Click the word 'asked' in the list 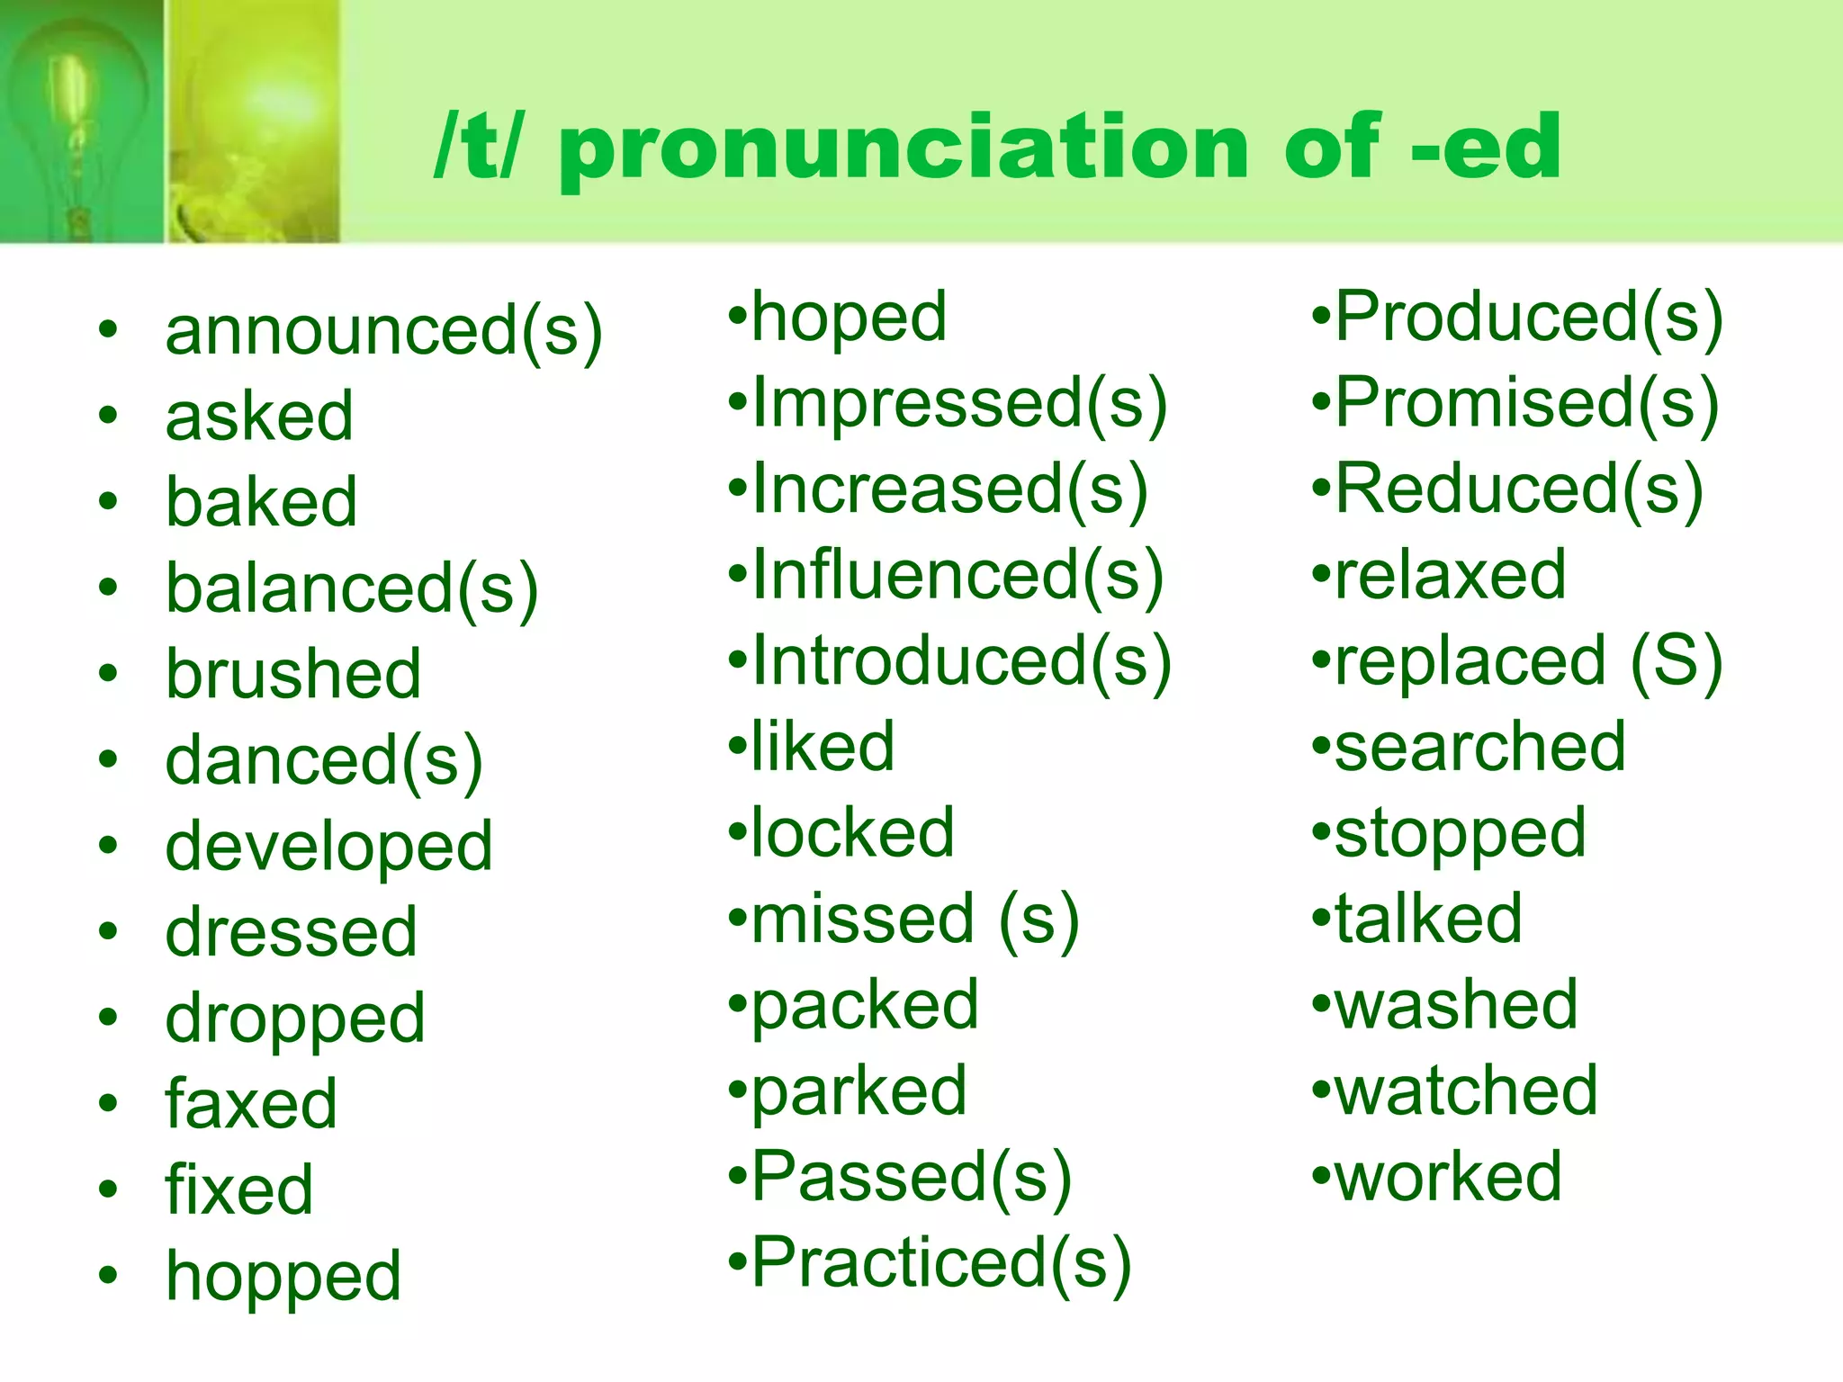click(x=259, y=416)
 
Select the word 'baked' click(x=261, y=501)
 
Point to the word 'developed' click(x=328, y=848)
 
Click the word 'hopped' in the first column click(x=283, y=1277)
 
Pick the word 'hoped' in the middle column click(x=849, y=319)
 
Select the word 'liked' click(x=823, y=747)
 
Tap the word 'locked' click(x=852, y=833)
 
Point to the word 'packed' click(x=865, y=1006)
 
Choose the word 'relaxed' click(x=1451, y=575)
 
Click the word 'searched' click(x=1480, y=747)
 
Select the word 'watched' click(x=1466, y=1090)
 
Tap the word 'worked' click(x=1448, y=1176)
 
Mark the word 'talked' click(x=1428, y=919)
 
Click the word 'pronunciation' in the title click(x=904, y=148)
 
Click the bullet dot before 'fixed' click(x=109, y=1189)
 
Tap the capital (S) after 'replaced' click(x=1676, y=662)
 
